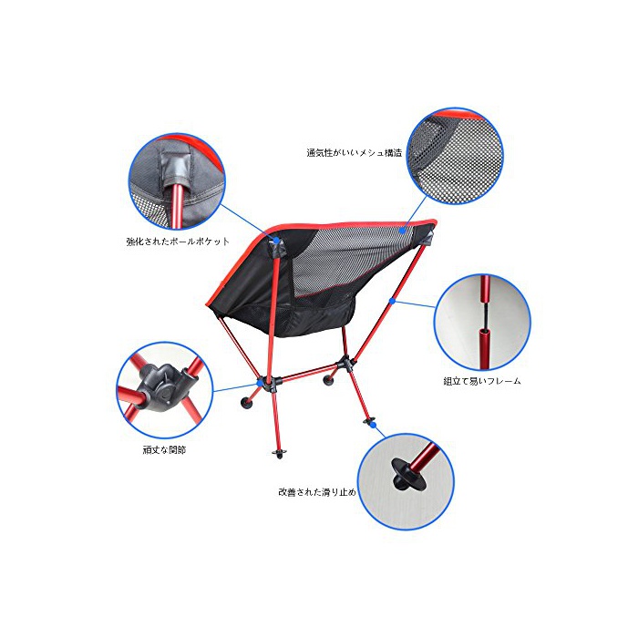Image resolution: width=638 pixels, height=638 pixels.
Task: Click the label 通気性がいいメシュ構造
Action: (354, 153)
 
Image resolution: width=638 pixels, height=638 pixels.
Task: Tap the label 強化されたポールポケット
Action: (178, 242)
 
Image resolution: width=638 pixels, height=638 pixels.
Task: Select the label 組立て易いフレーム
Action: (482, 381)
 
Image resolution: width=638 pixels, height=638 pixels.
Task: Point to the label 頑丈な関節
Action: (164, 450)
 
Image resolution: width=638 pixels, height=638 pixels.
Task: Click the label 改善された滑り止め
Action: (317, 492)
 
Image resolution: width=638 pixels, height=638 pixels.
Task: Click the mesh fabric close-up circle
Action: (455, 156)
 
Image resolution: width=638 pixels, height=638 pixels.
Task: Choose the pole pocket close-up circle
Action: (177, 182)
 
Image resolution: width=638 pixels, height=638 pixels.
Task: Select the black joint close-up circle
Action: (165, 390)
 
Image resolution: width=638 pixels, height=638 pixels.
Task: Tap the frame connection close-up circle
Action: (482, 323)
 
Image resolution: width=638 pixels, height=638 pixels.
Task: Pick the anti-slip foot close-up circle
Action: (406, 482)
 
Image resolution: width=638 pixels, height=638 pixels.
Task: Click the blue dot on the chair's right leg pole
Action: (392, 301)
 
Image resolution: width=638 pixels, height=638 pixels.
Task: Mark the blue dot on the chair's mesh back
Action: (402, 232)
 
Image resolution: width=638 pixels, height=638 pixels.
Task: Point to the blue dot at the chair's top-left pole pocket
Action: (276, 240)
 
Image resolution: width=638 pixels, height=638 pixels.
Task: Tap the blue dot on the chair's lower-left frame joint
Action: (260, 383)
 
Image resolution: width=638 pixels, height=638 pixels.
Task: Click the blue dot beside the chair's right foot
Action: (374, 425)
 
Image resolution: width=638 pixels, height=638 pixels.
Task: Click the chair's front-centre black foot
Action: (279, 453)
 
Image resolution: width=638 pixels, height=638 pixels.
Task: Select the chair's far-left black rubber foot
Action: (246, 403)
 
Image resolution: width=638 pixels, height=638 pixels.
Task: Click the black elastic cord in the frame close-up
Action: (484, 314)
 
